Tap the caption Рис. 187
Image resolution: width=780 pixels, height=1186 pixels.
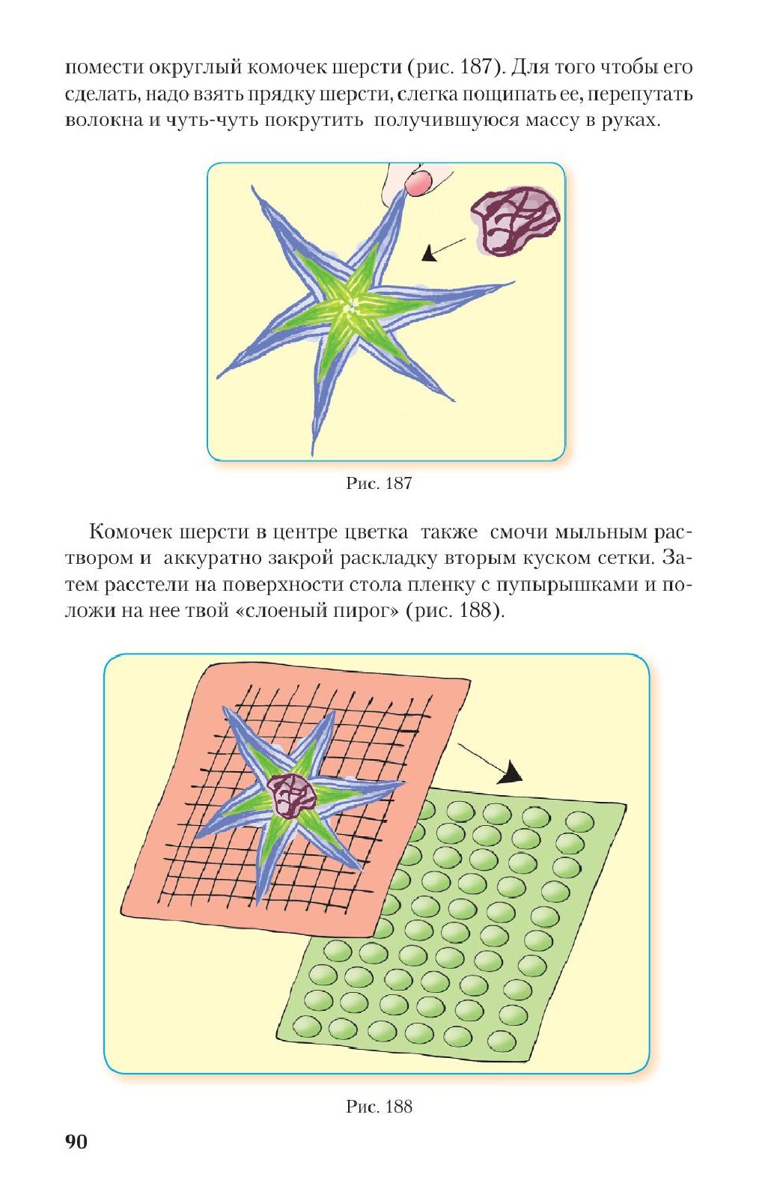(x=379, y=483)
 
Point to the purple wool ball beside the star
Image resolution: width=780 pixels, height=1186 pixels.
(x=515, y=222)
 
